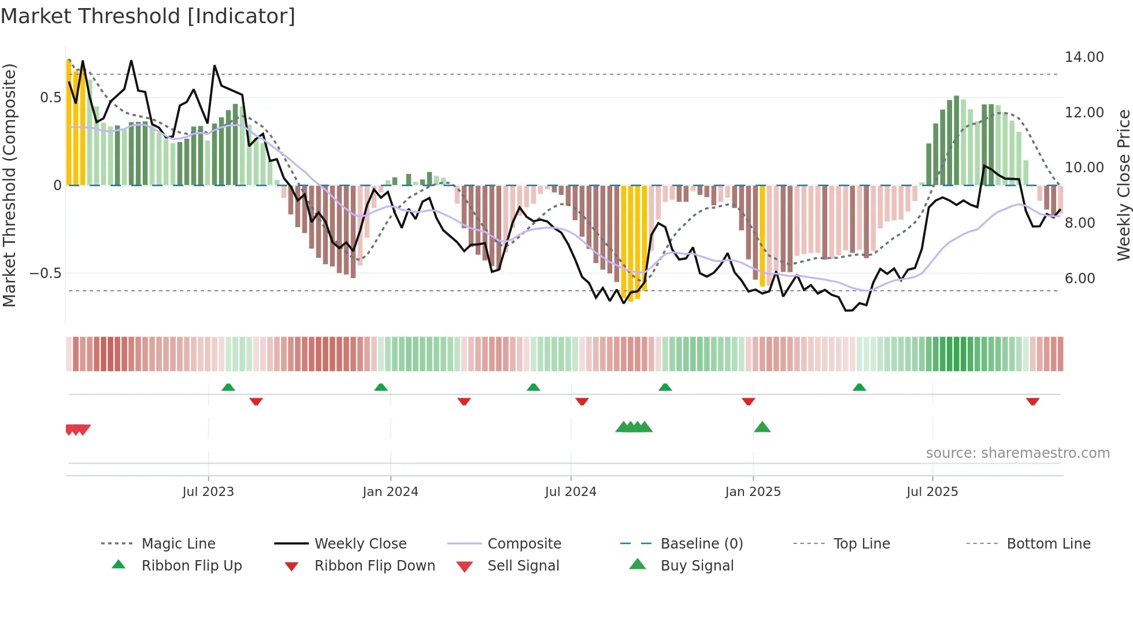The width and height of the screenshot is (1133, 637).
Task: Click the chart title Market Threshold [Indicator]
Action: tap(148, 16)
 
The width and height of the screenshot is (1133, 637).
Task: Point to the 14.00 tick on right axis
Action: tap(1084, 57)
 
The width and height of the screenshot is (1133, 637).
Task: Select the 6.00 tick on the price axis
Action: tap(1080, 279)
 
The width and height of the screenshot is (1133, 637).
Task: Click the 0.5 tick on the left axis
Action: tap(50, 98)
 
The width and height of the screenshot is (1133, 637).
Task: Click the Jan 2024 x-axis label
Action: tap(390, 492)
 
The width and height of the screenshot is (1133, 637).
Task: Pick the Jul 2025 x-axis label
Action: tap(932, 492)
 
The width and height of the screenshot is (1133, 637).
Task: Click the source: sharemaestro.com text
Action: tap(1017, 453)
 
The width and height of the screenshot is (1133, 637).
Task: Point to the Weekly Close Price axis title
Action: tap(1123, 185)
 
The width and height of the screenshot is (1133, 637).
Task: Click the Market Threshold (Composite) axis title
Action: tap(9, 185)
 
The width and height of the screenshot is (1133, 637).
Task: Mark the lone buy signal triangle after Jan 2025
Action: tap(762, 427)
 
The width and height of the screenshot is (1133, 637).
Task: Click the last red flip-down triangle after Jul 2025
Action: tap(1032, 401)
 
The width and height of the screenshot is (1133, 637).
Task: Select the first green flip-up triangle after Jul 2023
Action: tap(228, 387)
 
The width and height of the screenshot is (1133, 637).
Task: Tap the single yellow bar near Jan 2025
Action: tap(762, 236)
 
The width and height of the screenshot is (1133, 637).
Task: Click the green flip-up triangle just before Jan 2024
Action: tap(380, 387)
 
